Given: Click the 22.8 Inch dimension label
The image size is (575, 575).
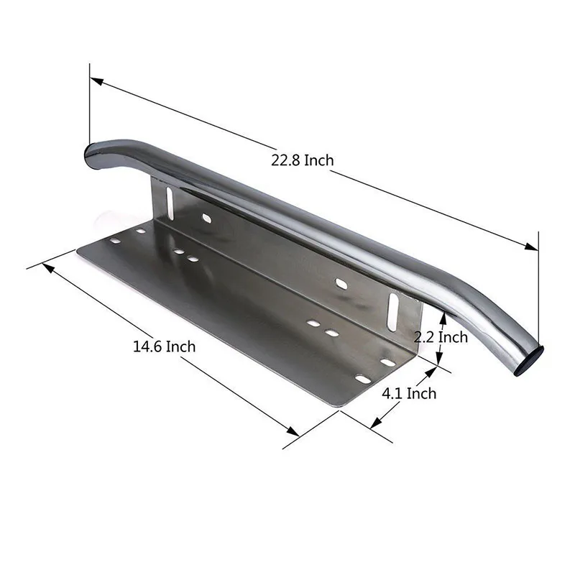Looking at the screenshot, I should pyautogui.click(x=302, y=160).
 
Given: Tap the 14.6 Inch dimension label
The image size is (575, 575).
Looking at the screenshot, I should pyautogui.click(x=164, y=346).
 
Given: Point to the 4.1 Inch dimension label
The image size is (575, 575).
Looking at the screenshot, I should pyautogui.click(x=409, y=393).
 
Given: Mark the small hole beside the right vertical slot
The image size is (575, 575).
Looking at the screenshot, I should pyautogui.click(x=342, y=285).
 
